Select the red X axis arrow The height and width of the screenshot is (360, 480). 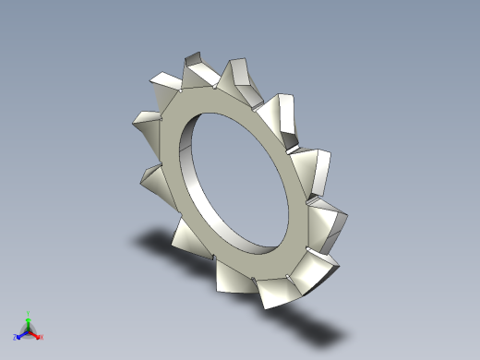(x=37, y=335)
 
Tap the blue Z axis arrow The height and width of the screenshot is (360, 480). (x=20, y=335)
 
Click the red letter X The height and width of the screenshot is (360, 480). (x=42, y=338)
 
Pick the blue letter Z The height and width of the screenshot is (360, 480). (x=16, y=338)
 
